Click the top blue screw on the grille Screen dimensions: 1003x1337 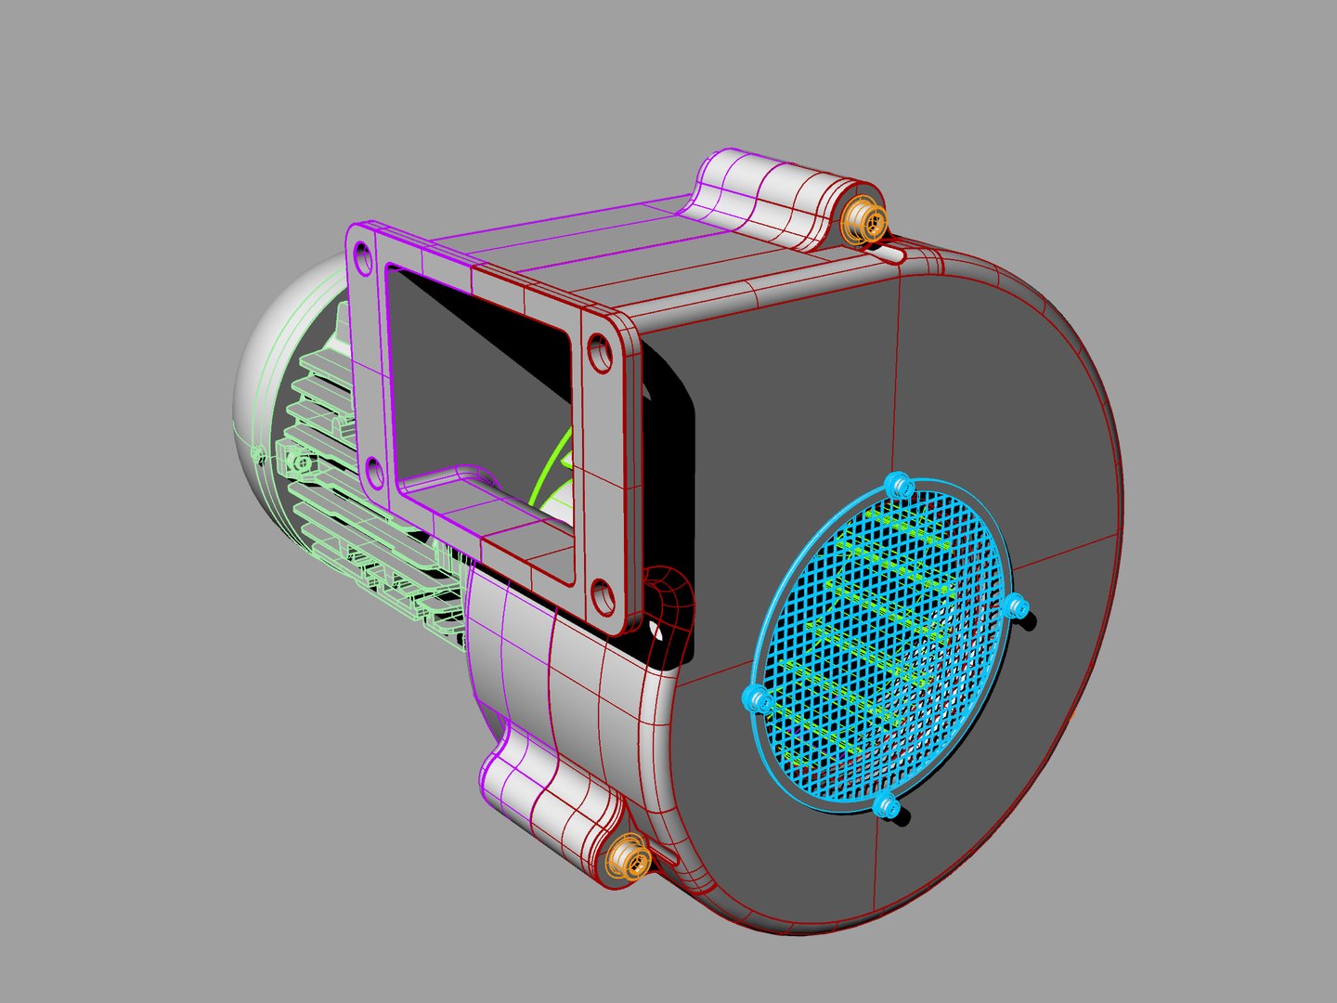pos(898,485)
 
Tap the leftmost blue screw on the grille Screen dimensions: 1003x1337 pos(758,699)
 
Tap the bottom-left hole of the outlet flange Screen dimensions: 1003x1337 pos(373,474)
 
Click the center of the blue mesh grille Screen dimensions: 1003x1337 pos(882,645)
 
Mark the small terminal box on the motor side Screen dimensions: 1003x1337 pos(297,461)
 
